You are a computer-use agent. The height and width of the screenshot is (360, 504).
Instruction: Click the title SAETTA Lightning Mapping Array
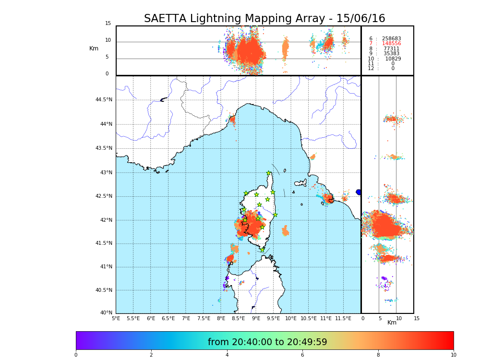(264, 19)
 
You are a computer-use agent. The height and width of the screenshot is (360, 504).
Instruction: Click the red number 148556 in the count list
(391, 44)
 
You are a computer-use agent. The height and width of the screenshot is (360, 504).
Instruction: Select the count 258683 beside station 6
(391, 38)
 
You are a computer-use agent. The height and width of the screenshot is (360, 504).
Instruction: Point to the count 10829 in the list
(393, 59)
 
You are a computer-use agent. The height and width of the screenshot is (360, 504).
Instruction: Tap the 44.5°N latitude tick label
(104, 100)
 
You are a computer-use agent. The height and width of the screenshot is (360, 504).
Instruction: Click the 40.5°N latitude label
(104, 290)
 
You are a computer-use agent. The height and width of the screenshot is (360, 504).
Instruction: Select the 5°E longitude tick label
(116, 318)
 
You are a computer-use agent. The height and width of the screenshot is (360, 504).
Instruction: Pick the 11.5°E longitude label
(343, 318)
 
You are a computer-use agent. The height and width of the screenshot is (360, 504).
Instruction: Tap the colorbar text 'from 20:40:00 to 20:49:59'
(267, 342)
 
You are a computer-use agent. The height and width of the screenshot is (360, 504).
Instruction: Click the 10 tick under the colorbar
(453, 355)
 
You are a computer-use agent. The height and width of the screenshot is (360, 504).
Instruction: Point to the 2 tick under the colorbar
(151, 355)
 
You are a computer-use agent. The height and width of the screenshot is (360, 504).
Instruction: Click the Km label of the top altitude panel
(94, 48)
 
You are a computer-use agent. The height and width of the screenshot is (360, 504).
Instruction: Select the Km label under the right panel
(392, 323)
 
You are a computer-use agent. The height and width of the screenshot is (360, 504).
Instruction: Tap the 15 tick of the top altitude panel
(108, 24)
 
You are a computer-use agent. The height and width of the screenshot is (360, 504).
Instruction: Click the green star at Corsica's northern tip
(269, 173)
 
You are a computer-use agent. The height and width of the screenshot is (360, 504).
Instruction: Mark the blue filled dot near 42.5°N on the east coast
(359, 192)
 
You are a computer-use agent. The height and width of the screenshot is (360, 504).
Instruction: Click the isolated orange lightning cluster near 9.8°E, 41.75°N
(285, 231)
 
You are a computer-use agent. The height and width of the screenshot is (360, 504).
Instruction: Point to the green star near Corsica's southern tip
(262, 250)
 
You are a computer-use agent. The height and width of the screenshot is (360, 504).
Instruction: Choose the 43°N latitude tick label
(106, 172)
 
